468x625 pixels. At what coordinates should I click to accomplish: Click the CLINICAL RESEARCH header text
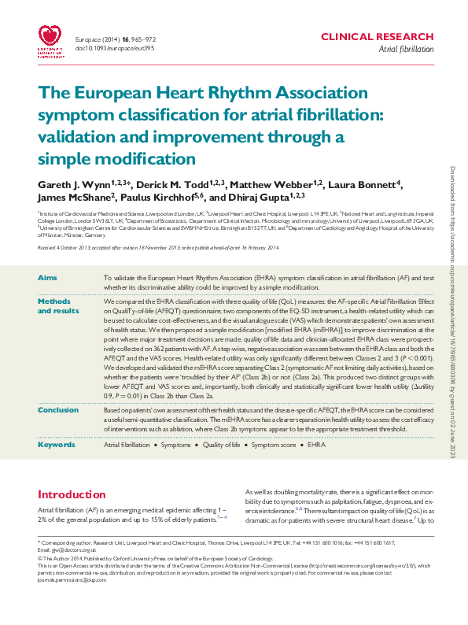[378, 37]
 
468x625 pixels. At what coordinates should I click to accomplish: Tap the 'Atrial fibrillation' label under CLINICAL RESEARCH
[406, 49]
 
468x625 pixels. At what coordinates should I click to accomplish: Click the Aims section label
[47, 279]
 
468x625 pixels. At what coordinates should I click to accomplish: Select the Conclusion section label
[58, 410]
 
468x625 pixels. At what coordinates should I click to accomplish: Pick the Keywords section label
[57, 445]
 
